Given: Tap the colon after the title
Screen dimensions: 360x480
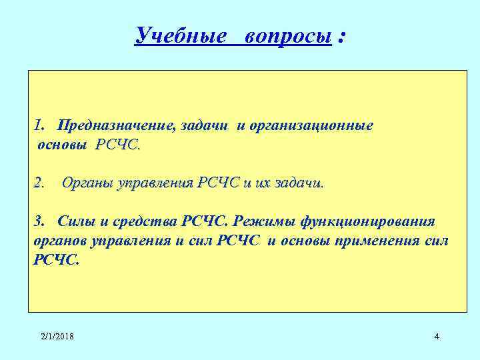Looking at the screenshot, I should point(341,37).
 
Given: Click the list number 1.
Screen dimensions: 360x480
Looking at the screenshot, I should point(39,125).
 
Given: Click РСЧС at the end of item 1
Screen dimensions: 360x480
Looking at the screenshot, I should point(118,145).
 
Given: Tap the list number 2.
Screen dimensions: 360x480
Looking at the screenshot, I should point(39,183).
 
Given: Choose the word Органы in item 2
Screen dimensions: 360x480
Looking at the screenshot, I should point(87,183).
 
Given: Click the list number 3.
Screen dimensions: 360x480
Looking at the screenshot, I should point(39,221).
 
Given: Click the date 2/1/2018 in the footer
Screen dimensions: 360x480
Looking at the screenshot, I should point(57,337).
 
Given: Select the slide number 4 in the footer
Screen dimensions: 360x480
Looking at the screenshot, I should point(436,337).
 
